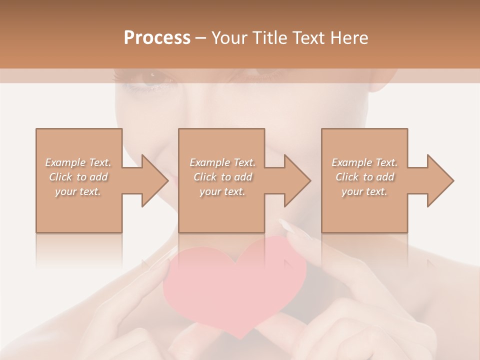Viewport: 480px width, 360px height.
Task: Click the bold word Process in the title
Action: click(x=157, y=38)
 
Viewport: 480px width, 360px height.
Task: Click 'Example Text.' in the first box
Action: click(x=78, y=162)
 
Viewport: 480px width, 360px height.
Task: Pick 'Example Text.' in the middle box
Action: click(x=222, y=162)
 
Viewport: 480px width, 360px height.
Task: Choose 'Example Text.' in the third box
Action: click(x=364, y=162)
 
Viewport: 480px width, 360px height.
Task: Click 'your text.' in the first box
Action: click(x=78, y=191)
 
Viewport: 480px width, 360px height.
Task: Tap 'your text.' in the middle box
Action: click(x=222, y=191)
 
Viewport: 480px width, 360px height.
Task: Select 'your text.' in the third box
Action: click(x=364, y=191)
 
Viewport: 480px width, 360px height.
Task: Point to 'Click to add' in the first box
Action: click(x=78, y=177)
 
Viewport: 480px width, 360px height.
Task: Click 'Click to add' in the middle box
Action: click(x=222, y=177)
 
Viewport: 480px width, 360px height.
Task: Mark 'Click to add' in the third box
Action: click(x=364, y=177)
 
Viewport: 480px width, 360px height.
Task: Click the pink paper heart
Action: click(x=235, y=280)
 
